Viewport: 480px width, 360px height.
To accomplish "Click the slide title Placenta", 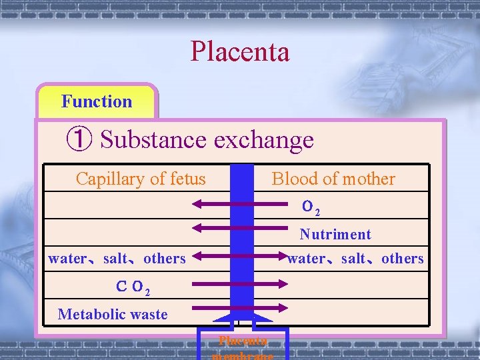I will (x=240, y=52).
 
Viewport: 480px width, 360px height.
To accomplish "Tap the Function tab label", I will (x=97, y=101).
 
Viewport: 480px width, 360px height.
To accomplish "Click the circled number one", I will (x=79, y=139).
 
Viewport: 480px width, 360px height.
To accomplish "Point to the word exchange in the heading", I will (x=263, y=139).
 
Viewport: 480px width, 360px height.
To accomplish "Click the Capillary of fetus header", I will (x=141, y=179).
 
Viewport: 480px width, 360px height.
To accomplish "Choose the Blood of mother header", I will (x=333, y=179).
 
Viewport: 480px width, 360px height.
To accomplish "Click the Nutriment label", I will (x=335, y=234).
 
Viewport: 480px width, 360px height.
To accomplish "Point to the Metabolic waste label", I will (x=113, y=314).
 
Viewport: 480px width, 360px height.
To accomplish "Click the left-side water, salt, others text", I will (x=117, y=259).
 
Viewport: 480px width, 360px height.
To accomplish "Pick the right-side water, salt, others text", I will (x=355, y=259).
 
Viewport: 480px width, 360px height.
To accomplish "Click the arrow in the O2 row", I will (x=239, y=204).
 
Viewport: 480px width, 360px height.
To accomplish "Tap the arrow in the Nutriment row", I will (x=239, y=228).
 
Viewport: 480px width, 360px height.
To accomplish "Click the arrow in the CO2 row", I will (x=239, y=283).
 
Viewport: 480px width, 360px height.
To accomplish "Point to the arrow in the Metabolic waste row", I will (x=239, y=307).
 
